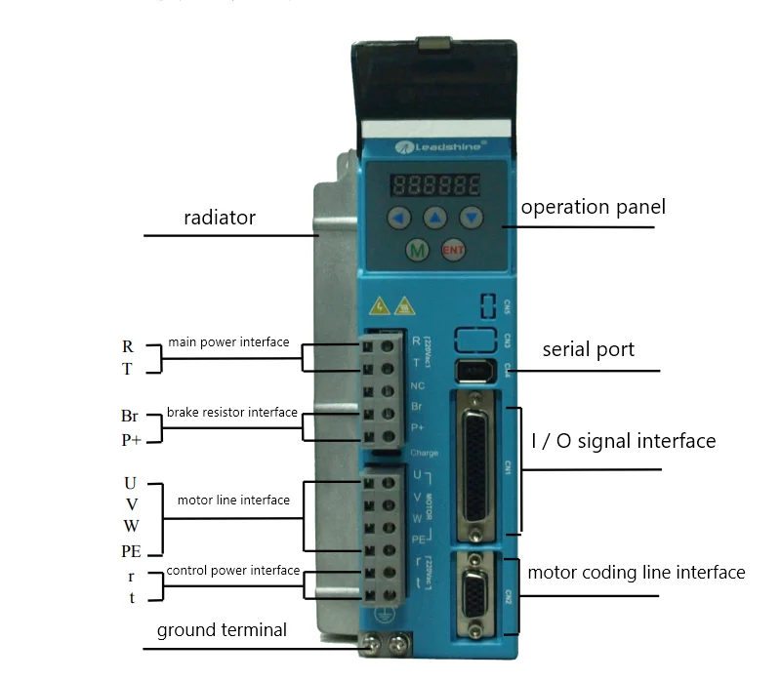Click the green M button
pos(418,251)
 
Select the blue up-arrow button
pos(435,217)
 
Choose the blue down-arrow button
pos(472,217)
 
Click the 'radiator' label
pos(220,218)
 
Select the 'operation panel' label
pos(593,207)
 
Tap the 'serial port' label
pos(588,349)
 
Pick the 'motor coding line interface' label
pos(637,573)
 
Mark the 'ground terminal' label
pos(222,630)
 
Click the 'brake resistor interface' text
pos(231,413)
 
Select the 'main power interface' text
pos(228,342)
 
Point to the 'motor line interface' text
pos(233,501)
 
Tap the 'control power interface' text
pos(232,571)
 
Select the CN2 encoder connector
pos(476,593)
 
